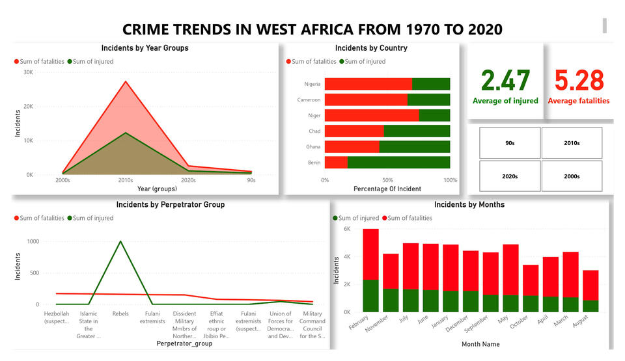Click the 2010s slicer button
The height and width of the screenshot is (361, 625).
click(x=572, y=143)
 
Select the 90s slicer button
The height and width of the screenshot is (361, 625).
click(x=510, y=143)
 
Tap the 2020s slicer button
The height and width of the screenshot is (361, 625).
click(x=510, y=176)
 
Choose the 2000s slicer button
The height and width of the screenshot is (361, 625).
click(x=572, y=176)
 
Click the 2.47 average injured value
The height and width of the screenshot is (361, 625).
click(x=505, y=81)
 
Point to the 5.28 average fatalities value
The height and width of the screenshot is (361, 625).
click(x=579, y=81)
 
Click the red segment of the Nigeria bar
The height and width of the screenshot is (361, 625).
click(x=368, y=84)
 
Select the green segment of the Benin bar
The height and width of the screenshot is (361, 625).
click(x=398, y=163)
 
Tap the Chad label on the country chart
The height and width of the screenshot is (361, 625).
click(x=314, y=131)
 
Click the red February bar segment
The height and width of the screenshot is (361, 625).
click(x=370, y=254)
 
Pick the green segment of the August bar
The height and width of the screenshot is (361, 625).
click(x=590, y=306)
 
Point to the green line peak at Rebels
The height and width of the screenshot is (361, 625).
click(x=120, y=241)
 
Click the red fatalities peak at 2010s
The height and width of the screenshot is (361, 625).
click(x=126, y=81)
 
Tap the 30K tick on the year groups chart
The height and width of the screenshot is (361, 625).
click(x=28, y=72)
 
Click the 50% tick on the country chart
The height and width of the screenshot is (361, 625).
click(x=387, y=180)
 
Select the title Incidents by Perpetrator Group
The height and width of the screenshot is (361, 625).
click(x=171, y=205)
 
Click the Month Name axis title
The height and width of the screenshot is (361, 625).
click(x=480, y=344)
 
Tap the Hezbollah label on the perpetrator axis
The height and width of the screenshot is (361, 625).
click(x=56, y=317)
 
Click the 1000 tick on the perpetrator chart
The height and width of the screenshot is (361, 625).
click(x=33, y=241)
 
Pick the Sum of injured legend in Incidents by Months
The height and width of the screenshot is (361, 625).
click(x=355, y=218)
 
